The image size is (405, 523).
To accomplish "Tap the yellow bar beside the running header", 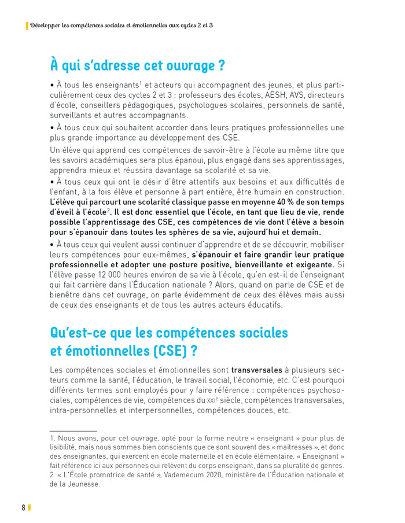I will [27, 25].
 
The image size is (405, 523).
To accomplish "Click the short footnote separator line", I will [73, 431].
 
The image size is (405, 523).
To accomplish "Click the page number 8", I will [24, 507].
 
